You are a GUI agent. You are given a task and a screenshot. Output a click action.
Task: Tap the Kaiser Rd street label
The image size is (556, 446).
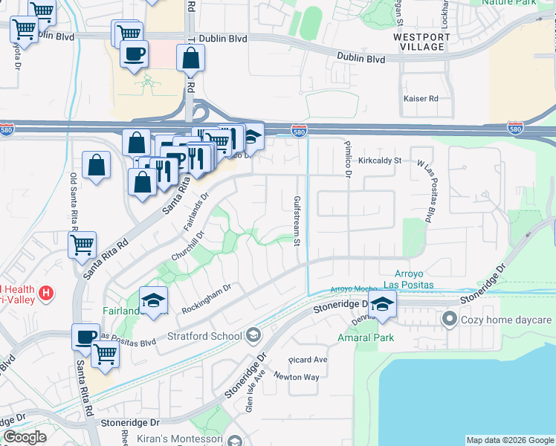tap(421, 98)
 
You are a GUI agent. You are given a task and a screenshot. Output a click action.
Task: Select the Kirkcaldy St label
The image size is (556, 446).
tap(379, 160)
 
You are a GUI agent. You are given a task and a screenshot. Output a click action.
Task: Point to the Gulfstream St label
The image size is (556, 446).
tap(296, 221)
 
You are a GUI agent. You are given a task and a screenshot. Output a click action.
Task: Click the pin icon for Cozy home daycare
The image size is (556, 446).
tap(448, 320)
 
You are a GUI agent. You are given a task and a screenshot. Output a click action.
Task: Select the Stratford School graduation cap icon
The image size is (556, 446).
tap(253, 336)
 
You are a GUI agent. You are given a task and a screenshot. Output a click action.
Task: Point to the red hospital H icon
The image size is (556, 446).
tap(46, 293)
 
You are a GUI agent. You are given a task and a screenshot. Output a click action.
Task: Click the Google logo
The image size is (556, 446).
tap(25, 437)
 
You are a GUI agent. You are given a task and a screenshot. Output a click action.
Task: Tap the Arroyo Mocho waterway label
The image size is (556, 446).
tap(349, 288)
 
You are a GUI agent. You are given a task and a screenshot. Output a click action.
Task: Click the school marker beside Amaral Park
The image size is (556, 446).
tap(383, 305)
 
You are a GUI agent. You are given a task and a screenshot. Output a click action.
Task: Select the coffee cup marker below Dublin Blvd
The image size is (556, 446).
tap(134, 55)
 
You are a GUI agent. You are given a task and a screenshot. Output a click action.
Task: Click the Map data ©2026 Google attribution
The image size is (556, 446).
tap(510, 440)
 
